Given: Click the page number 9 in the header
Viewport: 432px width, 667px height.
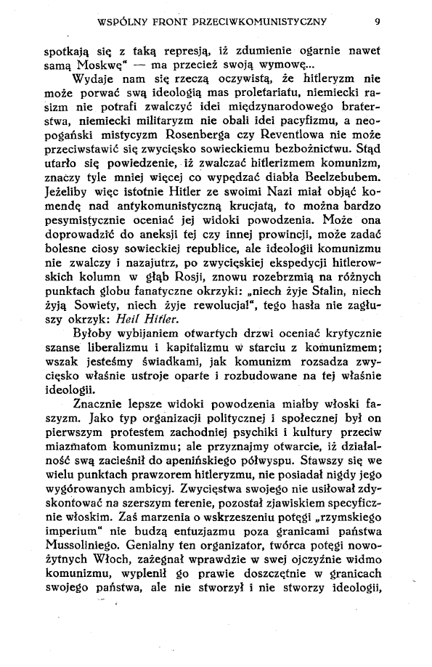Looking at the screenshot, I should coord(377,21).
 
